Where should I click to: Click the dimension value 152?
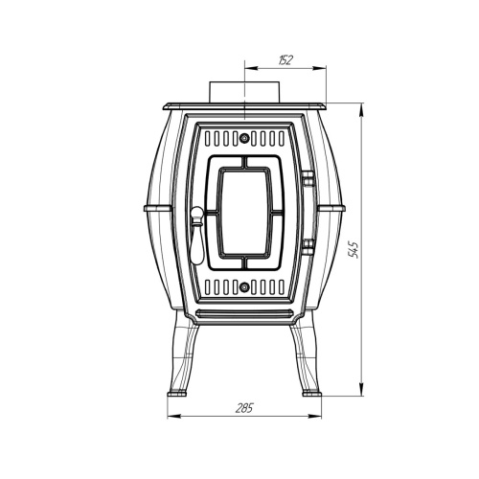pos(285,60)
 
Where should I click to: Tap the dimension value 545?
pos(354,249)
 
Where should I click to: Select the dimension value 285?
pos(244,408)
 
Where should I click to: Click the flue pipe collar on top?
pos(244,92)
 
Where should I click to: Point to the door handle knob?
pos(196,213)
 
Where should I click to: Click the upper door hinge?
pos(308,178)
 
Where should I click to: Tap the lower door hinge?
pos(308,247)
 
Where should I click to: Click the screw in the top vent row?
pos(244,138)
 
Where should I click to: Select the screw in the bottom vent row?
pos(244,287)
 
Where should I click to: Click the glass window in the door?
pos(244,213)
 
